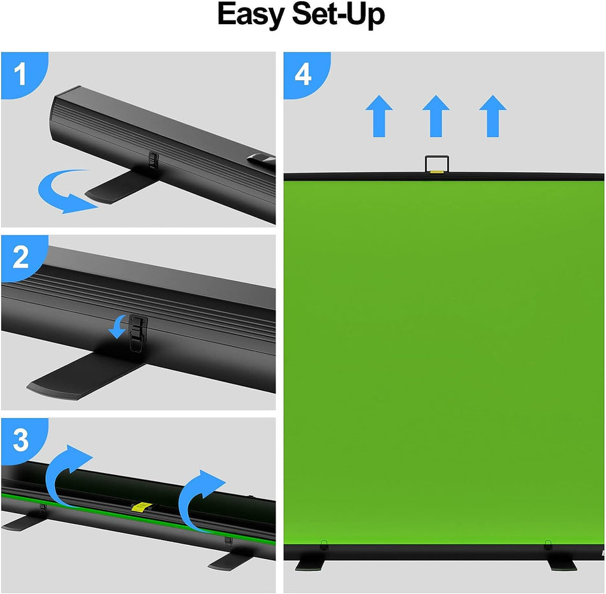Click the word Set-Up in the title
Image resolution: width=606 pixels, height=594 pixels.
pyautogui.click(x=338, y=16)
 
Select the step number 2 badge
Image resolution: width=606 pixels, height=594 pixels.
pyautogui.click(x=20, y=257)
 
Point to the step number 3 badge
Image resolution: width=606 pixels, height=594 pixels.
pyautogui.click(x=20, y=440)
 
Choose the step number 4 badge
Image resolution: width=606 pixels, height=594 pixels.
pyautogui.click(x=302, y=74)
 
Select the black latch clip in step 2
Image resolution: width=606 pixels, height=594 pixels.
pyautogui.click(x=138, y=331)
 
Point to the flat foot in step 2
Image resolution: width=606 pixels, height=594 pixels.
pyautogui.click(x=77, y=376)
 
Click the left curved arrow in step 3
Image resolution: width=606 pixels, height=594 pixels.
pyautogui.click(x=67, y=472)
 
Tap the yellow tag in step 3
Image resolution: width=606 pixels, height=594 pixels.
pyautogui.click(x=141, y=507)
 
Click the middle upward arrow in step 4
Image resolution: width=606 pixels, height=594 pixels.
pyautogui.click(x=436, y=115)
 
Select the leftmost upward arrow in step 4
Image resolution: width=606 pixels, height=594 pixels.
pyautogui.click(x=379, y=115)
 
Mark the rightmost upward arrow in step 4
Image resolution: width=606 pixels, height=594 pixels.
pyautogui.click(x=492, y=115)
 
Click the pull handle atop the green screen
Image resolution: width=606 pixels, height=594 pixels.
pyautogui.click(x=436, y=164)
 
